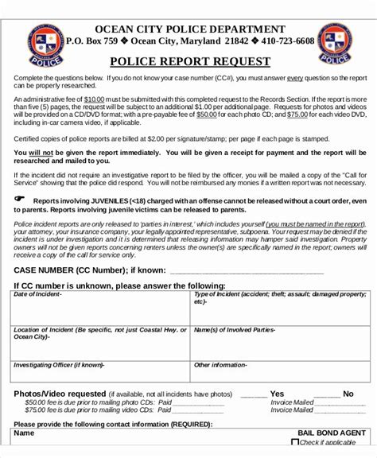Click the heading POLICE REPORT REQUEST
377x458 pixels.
click(x=188, y=61)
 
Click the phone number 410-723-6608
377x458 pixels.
click(x=283, y=41)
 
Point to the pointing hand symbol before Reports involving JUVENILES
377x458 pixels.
click(x=20, y=200)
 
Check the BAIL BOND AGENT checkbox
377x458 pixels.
click(x=296, y=442)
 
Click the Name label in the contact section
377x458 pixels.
click(x=25, y=434)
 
